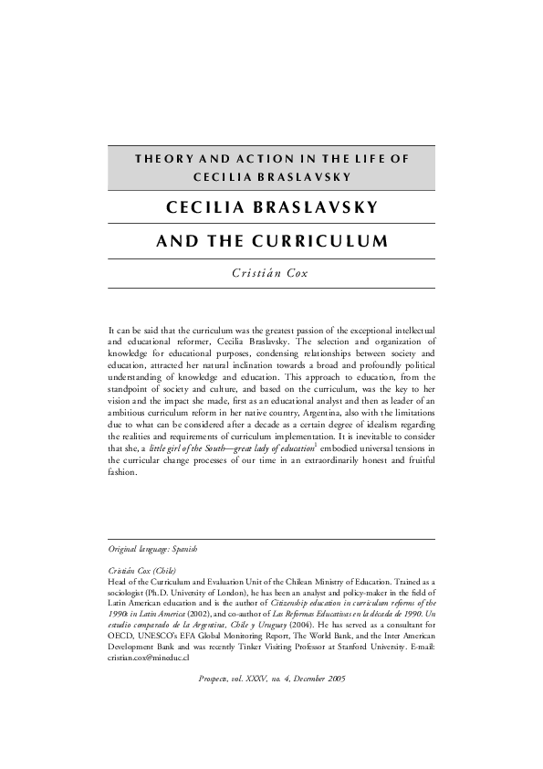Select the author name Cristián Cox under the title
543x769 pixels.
271,273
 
